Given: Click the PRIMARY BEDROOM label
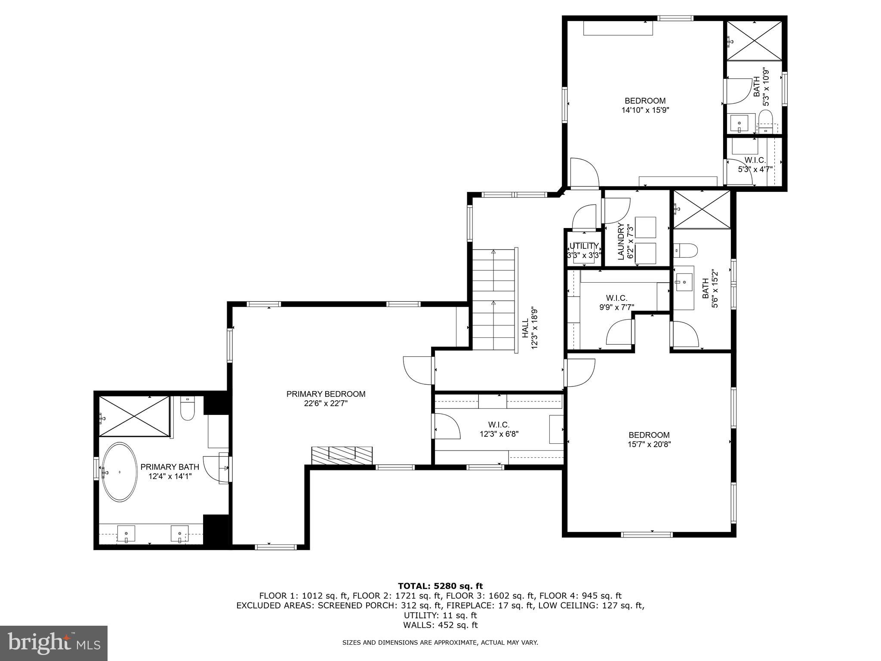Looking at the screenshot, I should coord(326,394).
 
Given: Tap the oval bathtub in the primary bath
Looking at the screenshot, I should coord(119,472).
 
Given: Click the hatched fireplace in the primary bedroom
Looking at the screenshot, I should coord(342,455).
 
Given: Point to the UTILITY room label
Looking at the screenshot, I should coord(584,246).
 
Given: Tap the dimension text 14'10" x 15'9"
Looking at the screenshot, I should coord(645,110).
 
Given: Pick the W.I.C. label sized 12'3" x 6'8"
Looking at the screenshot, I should coord(499,425).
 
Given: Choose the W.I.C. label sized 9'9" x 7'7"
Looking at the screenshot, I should coord(616,298).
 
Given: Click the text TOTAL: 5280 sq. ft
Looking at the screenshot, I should coord(440,586).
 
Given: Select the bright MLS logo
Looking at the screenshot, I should coord(53,643).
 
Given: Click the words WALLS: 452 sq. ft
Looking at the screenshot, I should coord(440,625).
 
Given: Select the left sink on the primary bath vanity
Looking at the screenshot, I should coord(126,534).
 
